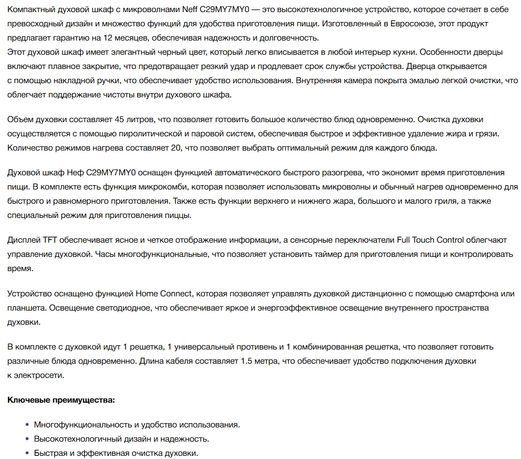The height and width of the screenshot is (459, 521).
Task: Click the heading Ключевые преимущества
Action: pyautogui.click(x=61, y=400)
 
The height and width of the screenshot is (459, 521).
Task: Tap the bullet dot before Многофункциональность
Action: pyautogui.click(x=27, y=424)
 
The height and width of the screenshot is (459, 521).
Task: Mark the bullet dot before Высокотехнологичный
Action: pyautogui.click(x=27, y=438)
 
